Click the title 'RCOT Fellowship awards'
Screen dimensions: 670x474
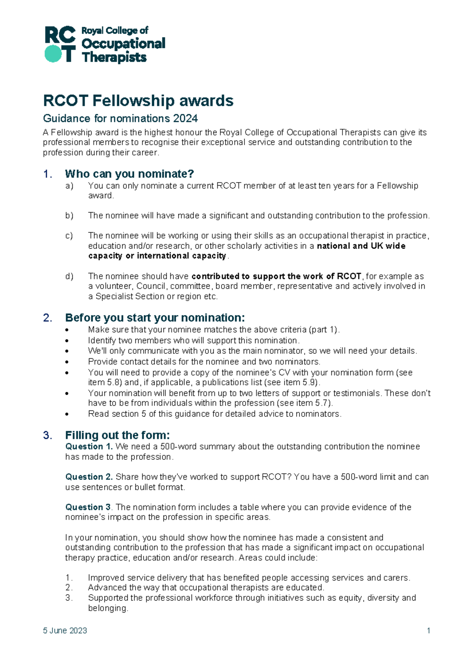click(138, 101)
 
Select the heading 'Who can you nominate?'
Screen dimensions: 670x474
click(129, 174)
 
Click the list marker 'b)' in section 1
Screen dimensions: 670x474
click(69, 216)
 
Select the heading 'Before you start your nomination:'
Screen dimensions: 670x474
click(155, 318)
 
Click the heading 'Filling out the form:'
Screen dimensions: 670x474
click(117, 435)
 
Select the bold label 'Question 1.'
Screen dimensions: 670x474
click(89, 447)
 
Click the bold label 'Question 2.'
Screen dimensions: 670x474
click(89, 477)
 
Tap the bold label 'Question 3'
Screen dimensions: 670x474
click(88, 507)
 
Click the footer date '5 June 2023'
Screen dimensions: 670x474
click(65, 630)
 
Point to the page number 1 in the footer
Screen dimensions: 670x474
click(428, 630)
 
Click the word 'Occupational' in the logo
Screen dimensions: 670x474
click(123, 43)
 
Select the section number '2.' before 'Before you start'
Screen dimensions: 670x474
click(48, 318)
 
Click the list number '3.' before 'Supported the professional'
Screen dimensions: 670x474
click(69, 598)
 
